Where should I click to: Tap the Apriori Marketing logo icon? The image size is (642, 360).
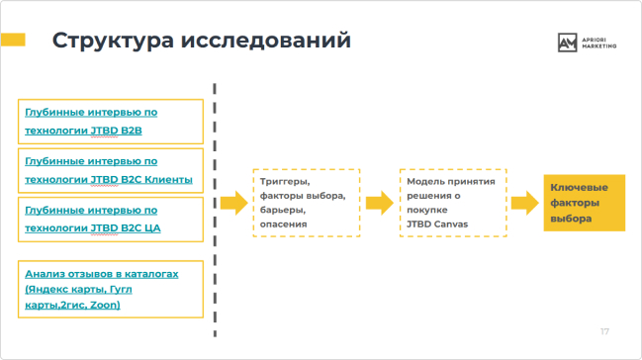point(567,42)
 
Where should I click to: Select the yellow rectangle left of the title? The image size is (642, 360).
point(13,40)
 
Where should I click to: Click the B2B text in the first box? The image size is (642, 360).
point(131,130)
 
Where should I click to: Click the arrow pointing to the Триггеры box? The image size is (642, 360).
point(233,203)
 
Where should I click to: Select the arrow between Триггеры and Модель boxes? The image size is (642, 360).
point(379,203)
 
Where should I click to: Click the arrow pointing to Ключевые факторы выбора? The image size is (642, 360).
point(524,203)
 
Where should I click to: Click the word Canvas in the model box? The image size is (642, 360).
point(451,225)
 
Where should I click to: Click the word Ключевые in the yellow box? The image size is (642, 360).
point(579,188)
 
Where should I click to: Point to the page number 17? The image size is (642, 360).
point(604,330)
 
